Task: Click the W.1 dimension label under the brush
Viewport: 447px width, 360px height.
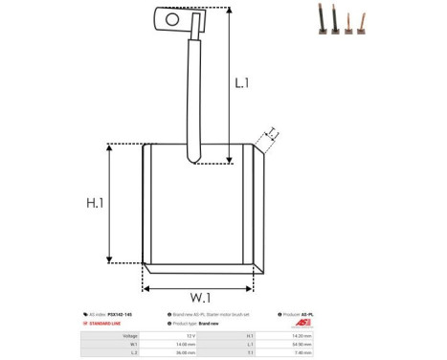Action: tap(201, 297)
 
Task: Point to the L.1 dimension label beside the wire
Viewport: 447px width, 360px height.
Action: tap(241, 83)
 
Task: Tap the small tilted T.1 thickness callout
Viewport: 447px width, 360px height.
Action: tap(271, 134)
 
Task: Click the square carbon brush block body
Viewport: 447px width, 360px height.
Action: tap(196, 206)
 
